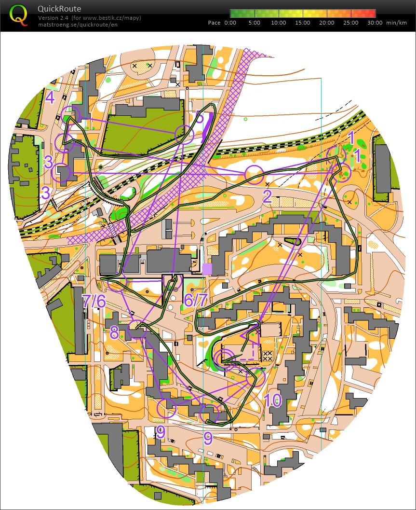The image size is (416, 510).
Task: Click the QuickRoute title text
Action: (59, 9)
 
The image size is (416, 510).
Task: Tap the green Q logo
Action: (18, 15)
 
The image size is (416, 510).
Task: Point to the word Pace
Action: (214, 23)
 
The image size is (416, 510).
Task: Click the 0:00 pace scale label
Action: (230, 23)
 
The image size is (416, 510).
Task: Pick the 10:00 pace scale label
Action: (279, 23)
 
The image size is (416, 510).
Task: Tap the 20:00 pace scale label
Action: (327, 23)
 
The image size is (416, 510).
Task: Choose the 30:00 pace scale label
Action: (375, 23)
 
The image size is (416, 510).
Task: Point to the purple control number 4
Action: (51, 98)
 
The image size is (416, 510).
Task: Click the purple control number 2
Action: (267, 196)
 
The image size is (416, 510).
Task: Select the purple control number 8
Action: (114, 332)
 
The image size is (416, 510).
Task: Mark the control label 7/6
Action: (94, 301)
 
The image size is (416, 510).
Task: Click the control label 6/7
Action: (196, 301)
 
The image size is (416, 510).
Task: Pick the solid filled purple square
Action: (207, 269)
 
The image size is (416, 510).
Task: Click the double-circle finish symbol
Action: (225, 358)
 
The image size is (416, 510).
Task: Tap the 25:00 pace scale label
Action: (351, 23)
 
